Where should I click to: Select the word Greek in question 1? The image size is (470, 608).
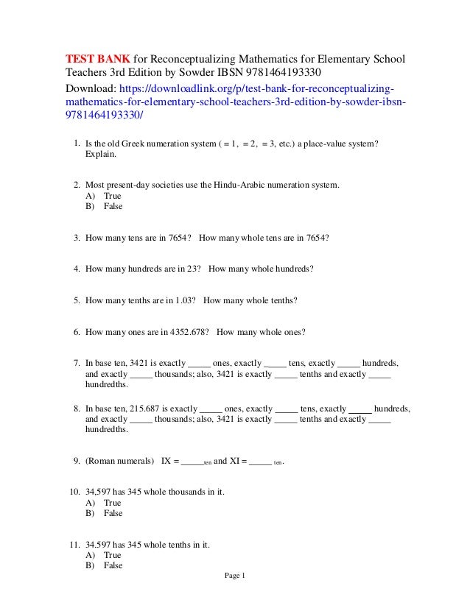(143, 145)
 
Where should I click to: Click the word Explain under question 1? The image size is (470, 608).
(101, 155)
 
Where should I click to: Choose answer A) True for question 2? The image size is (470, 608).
(104, 196)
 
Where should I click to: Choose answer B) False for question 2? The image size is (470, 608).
(105, 206)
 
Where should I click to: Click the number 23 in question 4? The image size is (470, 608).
(194, 269)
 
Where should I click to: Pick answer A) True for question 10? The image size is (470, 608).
(104, 503)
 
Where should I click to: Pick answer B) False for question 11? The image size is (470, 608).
(105, 565)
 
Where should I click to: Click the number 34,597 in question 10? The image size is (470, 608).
(98, 492)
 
